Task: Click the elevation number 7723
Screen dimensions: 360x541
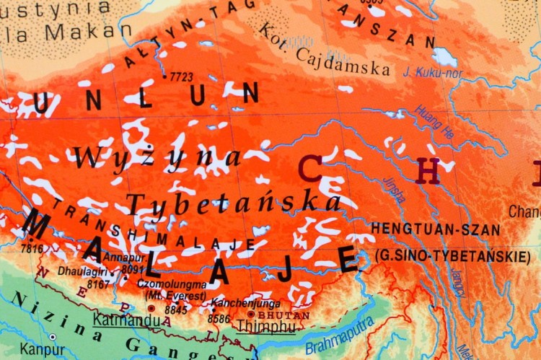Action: (182, 76)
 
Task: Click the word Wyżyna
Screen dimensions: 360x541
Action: (156, 157)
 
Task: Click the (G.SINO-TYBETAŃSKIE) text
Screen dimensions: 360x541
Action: (453, 256)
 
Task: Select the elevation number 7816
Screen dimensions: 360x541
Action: (32, 248)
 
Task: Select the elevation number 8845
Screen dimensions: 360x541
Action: (175, 309)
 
